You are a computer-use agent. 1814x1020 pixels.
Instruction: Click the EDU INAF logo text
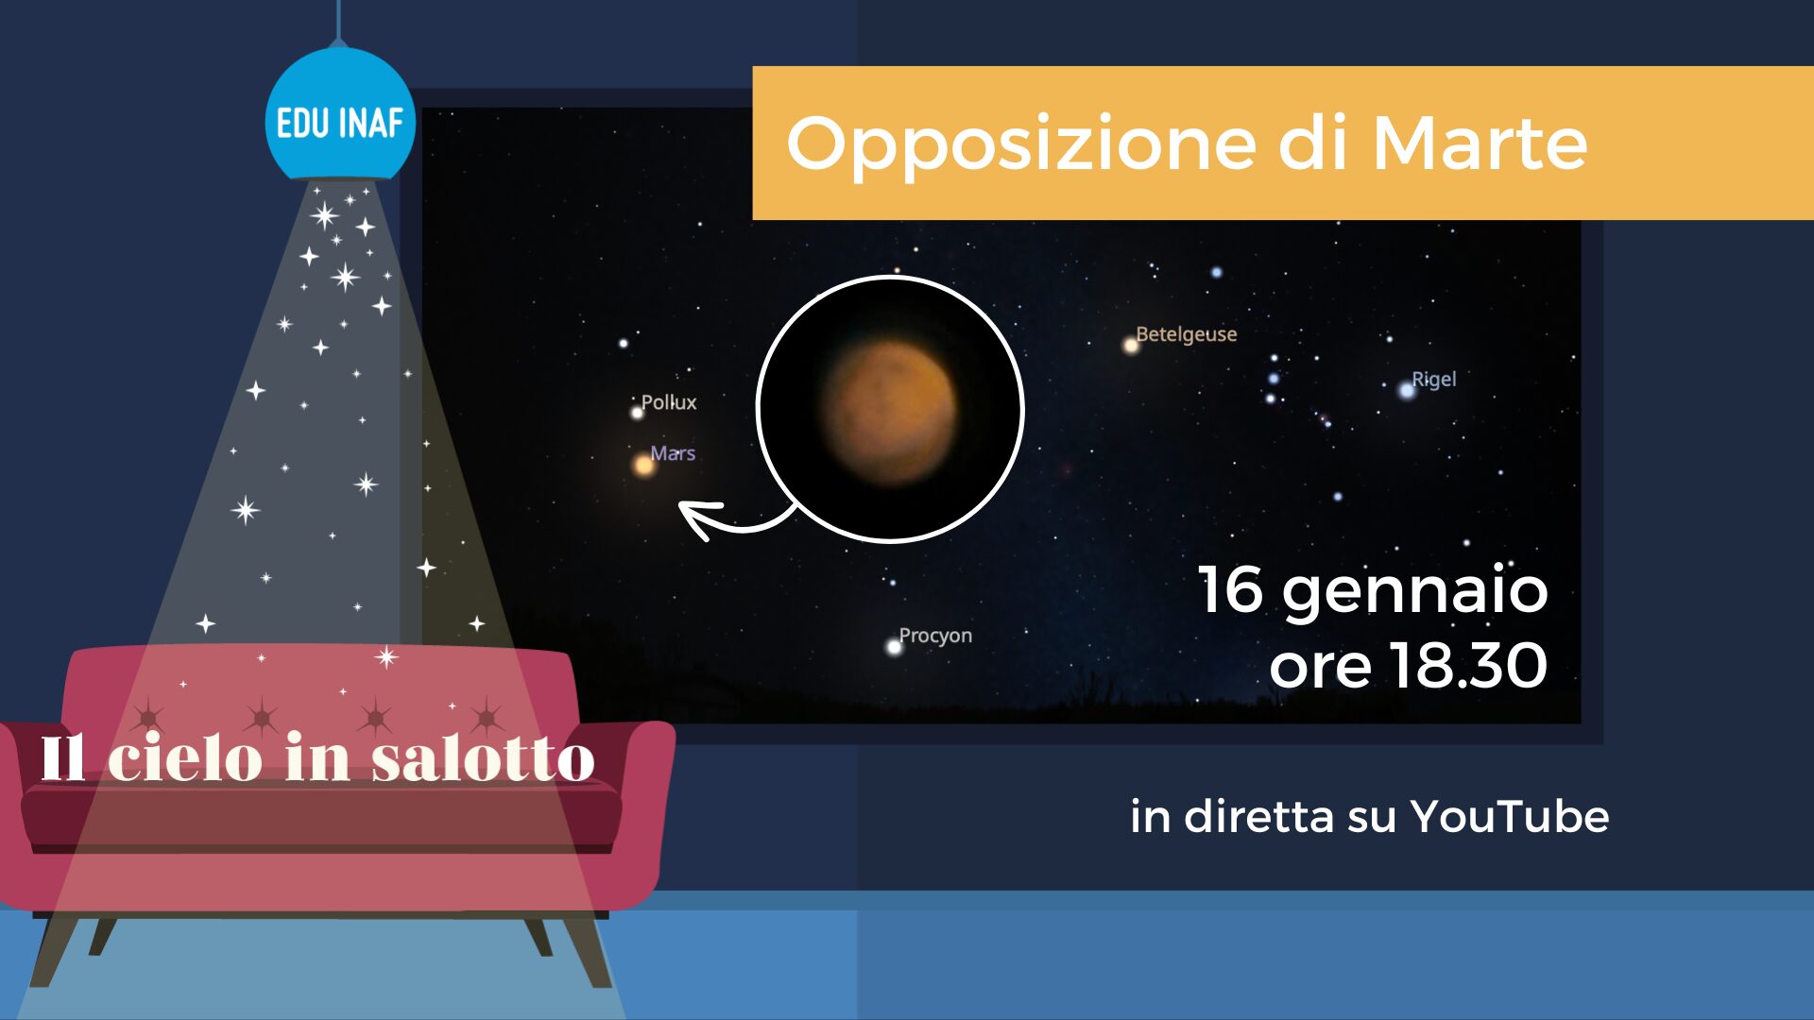click(x=339, y=124)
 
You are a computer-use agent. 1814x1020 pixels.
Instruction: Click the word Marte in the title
click(x=1480, y=144)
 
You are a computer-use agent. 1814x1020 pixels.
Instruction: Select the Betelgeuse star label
click(x=1186, y=334)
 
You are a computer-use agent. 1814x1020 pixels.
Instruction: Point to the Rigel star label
click(x=1433, y=380)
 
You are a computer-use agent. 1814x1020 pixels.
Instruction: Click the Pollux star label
click(x=669, y=402)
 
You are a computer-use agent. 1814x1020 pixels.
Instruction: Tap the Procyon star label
click(x=935, y=636)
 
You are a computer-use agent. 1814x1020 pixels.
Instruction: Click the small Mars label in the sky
click(x=673, y=453)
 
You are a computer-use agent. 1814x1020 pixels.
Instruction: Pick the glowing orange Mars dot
click(x=643, y=465)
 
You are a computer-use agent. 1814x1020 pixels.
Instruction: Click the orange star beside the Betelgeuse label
click(x=1130, y=346)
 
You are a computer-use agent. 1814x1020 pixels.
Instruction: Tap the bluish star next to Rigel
click(x=1407, y=391)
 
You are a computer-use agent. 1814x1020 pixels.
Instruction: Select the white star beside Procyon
click(x=894, y=647)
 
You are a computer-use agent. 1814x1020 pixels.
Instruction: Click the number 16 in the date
click(x=1230, y=589)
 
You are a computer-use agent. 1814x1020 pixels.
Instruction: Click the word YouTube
click(x=1509, y=817)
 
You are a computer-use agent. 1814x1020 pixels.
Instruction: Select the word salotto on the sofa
click(x=483, y=758)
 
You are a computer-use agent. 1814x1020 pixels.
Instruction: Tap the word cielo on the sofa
click(x=185, y=757)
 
